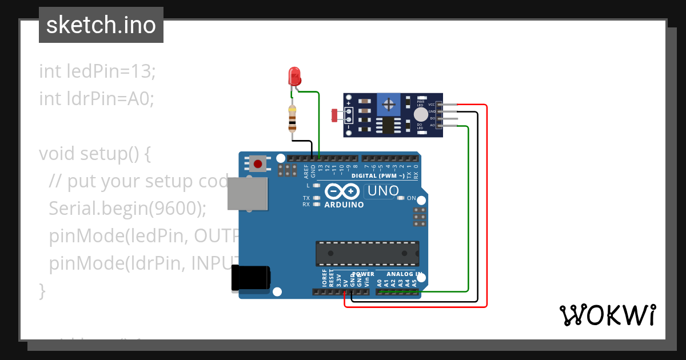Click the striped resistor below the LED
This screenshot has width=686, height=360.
coord(293,119)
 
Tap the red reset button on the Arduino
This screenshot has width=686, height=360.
coord(258,165)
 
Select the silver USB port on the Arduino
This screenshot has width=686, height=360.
coord(247,194)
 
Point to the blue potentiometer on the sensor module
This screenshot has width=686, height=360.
coord(389,105)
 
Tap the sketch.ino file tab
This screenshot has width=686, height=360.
coord(101,25)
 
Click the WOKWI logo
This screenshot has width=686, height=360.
coord(607,315)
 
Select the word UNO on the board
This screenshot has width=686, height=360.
coord(382,191)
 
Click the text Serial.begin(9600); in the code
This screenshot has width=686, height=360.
coord(127,209)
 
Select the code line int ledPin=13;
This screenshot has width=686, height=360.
coord(97,71)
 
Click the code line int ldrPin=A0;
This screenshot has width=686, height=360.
coord(97,99)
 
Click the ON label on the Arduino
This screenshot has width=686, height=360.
coord(412,198)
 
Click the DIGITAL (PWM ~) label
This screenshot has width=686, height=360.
coord(378,175)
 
